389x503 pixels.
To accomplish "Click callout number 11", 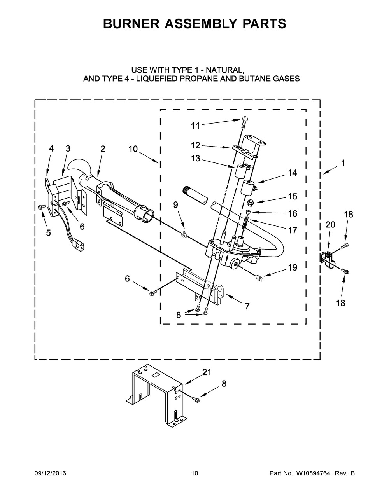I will [x=195, y=126].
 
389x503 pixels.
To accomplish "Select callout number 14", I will [x=292, y=173].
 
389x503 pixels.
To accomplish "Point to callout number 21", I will [x=207, y=372].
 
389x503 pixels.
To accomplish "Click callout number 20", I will [x=330, y=224].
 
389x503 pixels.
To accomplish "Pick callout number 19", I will [x=293, y=267].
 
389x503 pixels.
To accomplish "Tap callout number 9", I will [x=176, y=204].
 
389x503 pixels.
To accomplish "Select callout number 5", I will [x=48, y=232].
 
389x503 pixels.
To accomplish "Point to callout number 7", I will [x=247, y=306].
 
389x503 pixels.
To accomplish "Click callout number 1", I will [x=343, y=164].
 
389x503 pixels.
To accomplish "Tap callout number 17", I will [x=293, y=230].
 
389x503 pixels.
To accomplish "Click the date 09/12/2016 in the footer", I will [x=50, y=473].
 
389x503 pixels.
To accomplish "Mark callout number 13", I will [x=195, y=158].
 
